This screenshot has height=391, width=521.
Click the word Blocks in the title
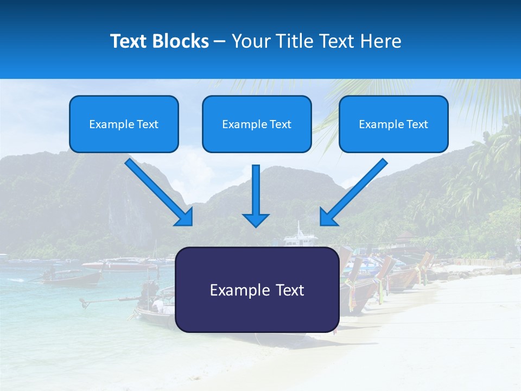point(180,41)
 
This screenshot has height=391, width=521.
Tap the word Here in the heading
point(382,41)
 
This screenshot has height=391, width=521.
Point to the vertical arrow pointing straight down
point(256,190)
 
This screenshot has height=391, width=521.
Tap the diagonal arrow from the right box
point(358,187)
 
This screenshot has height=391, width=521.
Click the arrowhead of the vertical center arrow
point(256,219)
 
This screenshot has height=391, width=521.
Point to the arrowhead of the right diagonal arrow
point(328,217)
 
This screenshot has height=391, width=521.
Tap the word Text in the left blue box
point(148,124)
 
